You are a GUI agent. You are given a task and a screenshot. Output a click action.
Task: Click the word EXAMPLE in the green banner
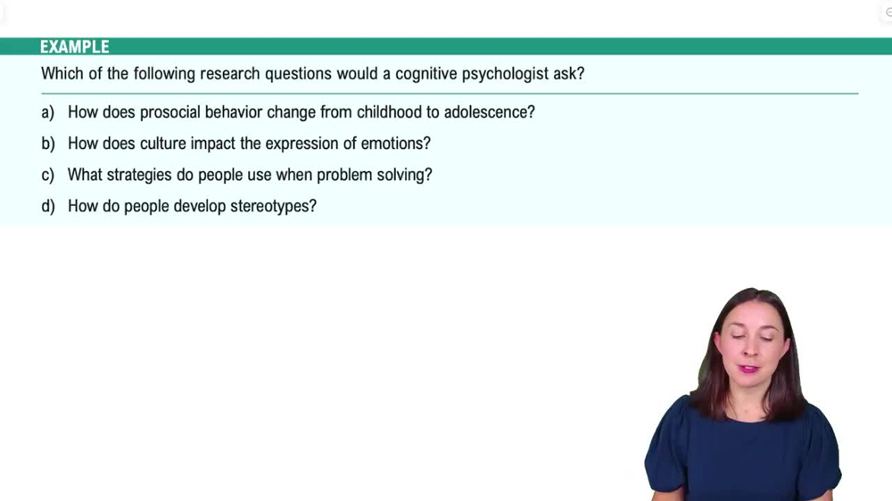[x=74, y=47]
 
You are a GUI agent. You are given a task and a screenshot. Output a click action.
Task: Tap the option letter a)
[x=47, y=112]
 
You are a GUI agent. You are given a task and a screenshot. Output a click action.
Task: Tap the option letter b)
[x=47, y=144]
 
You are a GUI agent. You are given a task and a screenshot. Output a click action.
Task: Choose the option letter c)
[x=47, y=175]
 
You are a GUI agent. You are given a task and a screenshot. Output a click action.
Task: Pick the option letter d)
[x=47, y=207]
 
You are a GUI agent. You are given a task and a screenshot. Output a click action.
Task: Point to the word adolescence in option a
[x=489, y=112]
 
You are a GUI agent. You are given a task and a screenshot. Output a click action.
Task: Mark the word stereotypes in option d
[x=273, y=207]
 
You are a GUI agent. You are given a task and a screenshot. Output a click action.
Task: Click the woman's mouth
[x=747, y=368]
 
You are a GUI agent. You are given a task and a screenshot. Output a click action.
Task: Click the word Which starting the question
[x=62, y=74]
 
